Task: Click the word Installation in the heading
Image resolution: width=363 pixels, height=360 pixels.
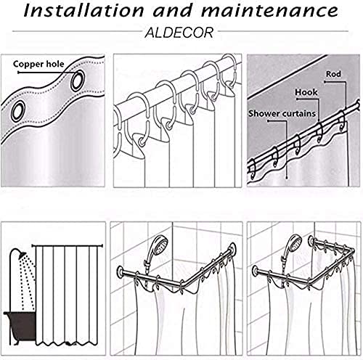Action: [84, 10]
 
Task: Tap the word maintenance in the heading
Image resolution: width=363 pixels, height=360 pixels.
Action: [270, 11]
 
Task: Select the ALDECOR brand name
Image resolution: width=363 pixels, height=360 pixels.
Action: [179, 33]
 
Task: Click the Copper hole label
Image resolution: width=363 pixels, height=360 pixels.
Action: [38, 64]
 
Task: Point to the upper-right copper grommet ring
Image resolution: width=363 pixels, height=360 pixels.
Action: [78, 81]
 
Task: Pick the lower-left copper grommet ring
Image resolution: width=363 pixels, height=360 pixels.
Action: [18, 110]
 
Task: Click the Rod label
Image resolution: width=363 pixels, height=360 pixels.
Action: [333, 74]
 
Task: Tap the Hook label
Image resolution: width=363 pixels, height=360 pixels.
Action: [306, 92]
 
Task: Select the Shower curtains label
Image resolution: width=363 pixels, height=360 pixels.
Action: [282, 113]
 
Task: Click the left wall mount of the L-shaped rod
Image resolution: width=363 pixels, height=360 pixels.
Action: [120, 271]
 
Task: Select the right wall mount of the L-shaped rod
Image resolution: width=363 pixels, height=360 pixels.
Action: [233, 249]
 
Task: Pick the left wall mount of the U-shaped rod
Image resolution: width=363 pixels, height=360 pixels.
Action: [256, 271]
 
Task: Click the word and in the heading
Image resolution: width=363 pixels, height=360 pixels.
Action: [173, 11]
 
